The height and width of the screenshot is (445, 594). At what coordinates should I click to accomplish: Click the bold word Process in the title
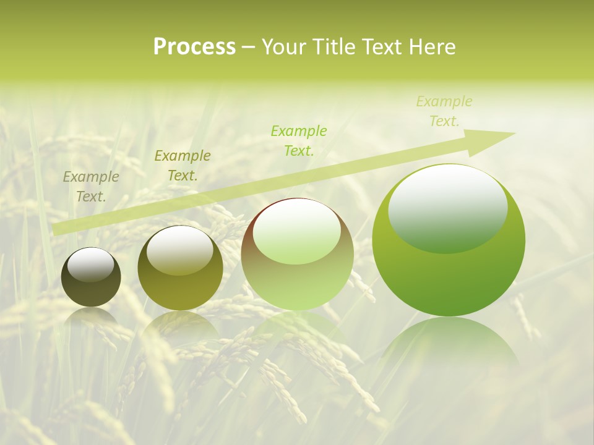(194, 47)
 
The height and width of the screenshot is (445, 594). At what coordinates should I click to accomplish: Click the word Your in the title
(285, 47)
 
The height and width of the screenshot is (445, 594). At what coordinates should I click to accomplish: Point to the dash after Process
(249, 48)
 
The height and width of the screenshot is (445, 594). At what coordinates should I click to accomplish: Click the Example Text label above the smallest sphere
(91, 187)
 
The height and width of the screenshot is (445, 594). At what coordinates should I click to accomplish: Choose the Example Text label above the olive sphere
(182, 166)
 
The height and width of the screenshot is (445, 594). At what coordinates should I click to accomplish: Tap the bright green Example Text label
(298, 140)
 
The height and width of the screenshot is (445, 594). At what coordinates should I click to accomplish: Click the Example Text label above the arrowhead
(444, 111)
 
